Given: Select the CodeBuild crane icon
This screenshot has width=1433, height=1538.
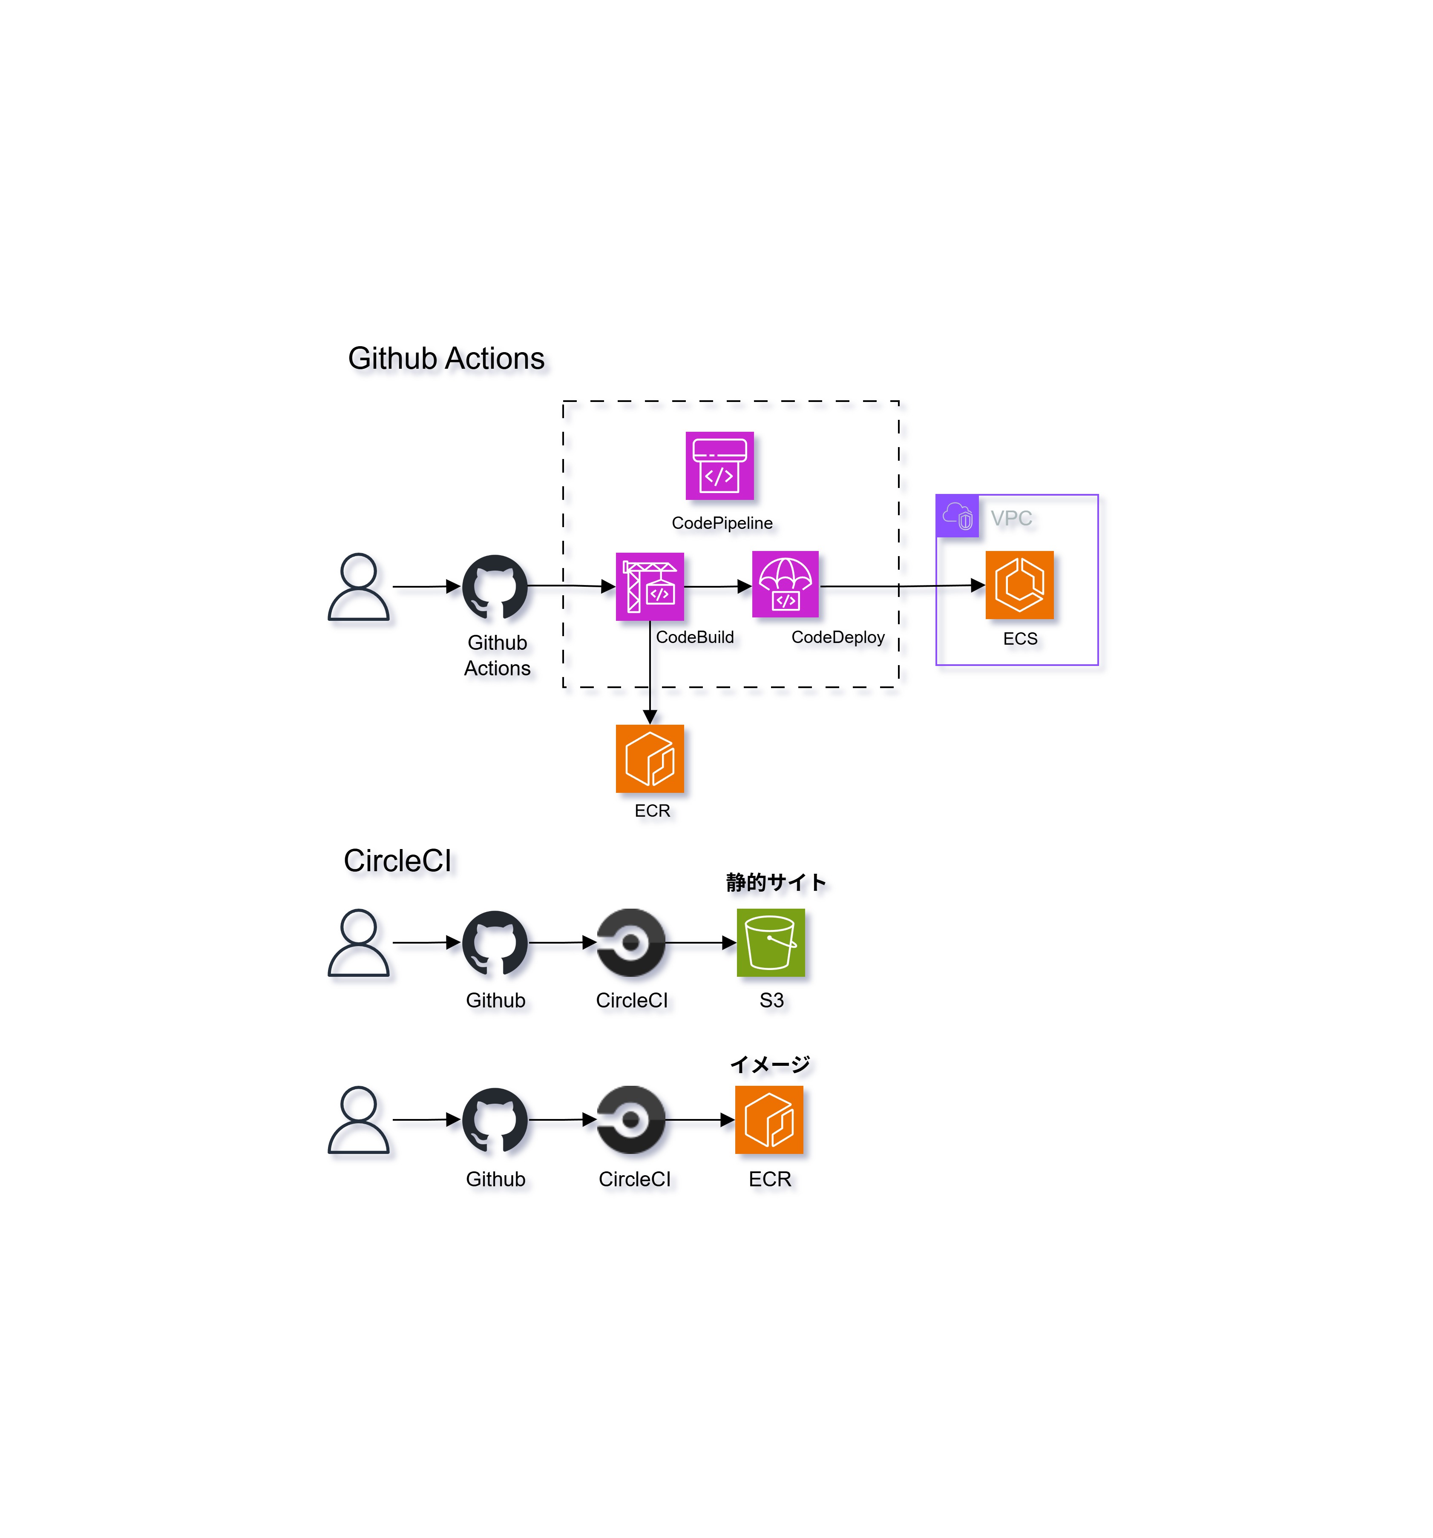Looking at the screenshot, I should (649, 586).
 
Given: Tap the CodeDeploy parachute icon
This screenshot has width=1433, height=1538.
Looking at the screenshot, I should (785, 584).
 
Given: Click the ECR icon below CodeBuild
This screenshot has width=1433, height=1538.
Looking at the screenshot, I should (649, 758).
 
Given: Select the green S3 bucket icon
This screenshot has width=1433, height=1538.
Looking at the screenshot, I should (771, 942).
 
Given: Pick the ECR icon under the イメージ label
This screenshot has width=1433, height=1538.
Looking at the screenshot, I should (769, 1119).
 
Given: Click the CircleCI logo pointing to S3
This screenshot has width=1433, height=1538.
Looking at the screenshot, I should (630, 942).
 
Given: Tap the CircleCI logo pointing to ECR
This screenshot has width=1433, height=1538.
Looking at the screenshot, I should (630, 1119).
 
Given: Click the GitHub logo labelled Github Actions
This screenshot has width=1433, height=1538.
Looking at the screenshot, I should (495, 586).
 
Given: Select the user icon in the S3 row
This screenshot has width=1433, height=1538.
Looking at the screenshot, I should (358, 942).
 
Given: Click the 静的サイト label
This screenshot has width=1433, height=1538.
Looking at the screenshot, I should (775, 882).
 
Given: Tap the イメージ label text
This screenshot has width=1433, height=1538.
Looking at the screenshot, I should (770, 1065).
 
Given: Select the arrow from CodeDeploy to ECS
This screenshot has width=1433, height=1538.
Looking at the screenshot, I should (901, 586).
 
